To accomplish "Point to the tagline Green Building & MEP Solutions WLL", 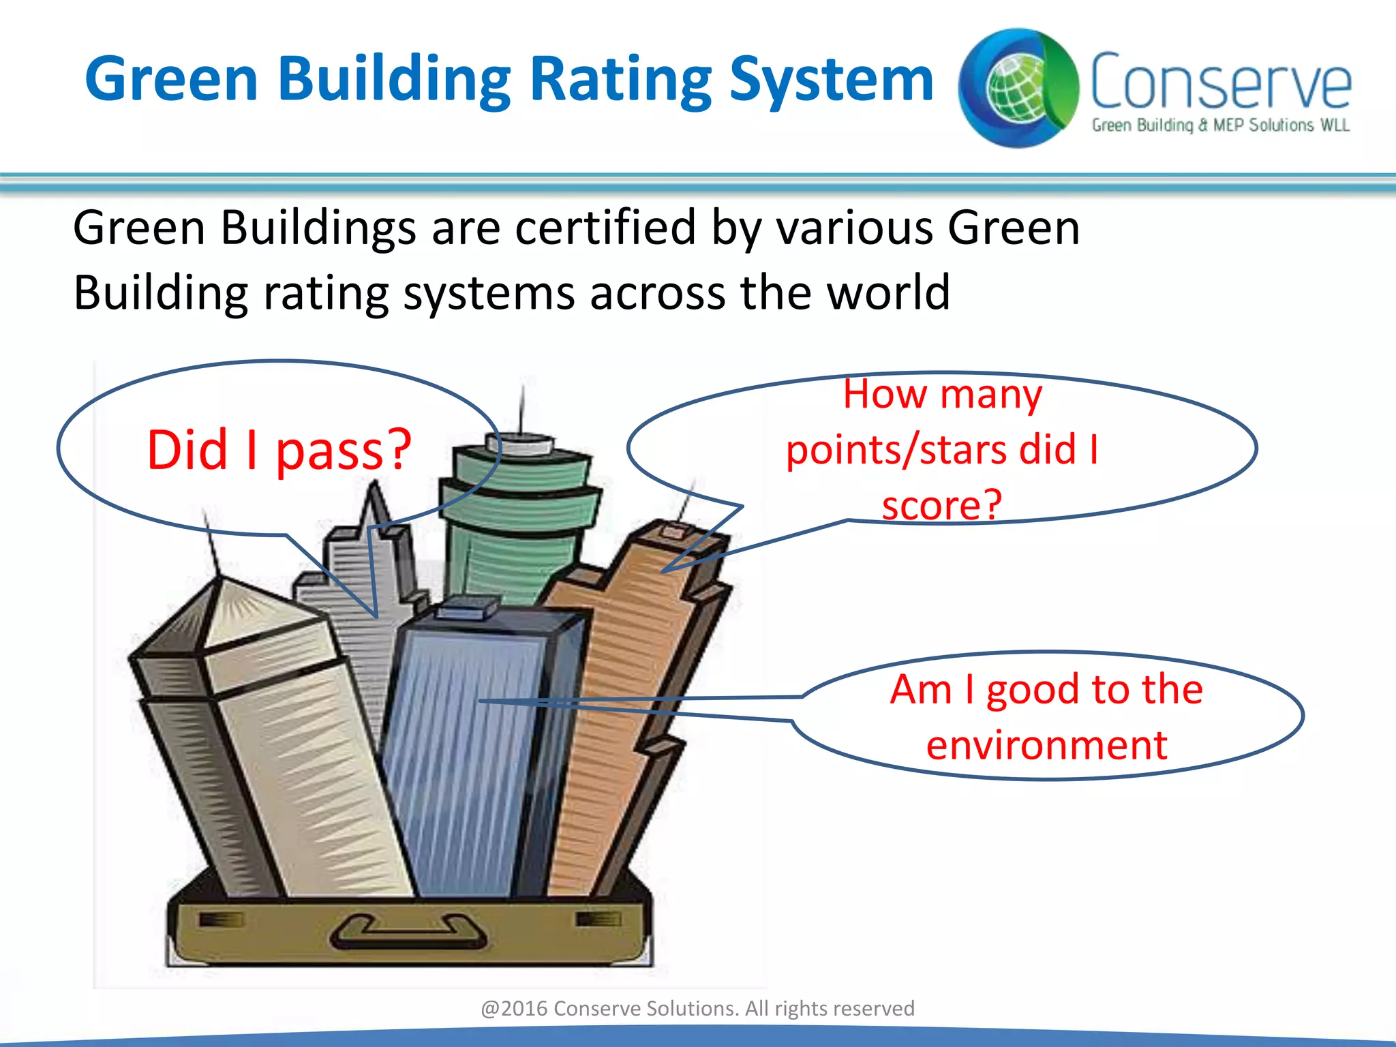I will [x=1220, y=125].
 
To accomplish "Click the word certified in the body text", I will [x=605, y=228].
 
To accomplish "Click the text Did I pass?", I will [x=279, y=451].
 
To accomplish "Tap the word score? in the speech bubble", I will [x=942, y=505].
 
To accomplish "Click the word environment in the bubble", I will [x=1047, y=745].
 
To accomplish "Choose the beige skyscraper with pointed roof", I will [x=286, y=736].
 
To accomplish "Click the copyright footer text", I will [x=697, y=1008].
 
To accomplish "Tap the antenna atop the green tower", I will [x=522, y=409].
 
